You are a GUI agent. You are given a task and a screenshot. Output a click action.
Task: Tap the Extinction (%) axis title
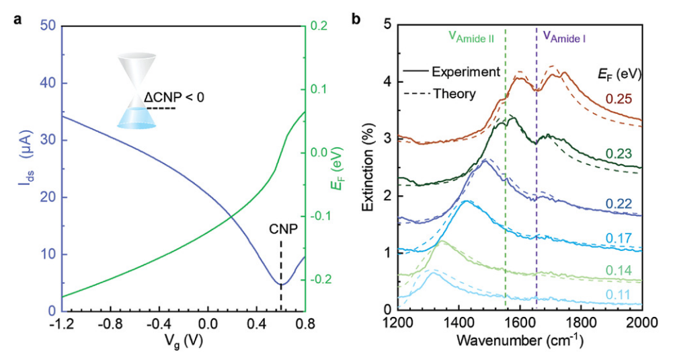click(369, 168)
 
